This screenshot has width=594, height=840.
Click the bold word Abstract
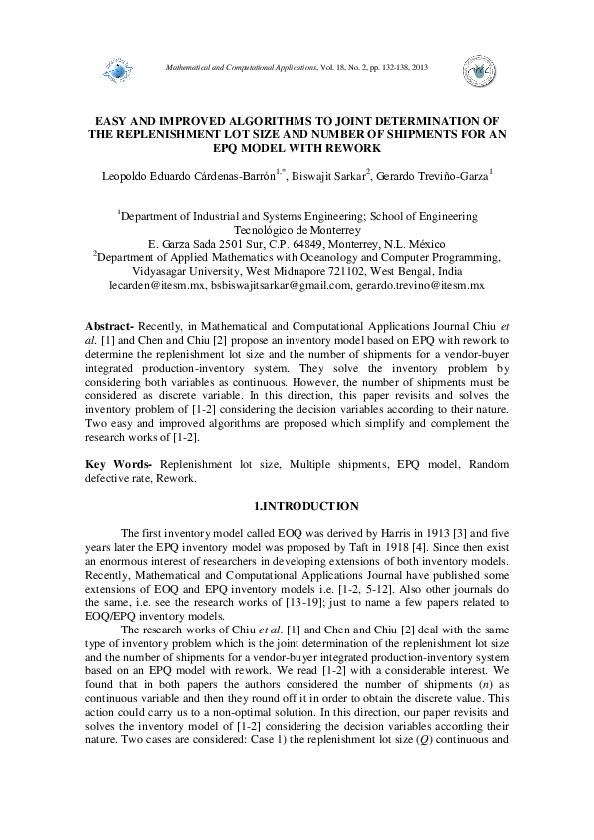point(108,327)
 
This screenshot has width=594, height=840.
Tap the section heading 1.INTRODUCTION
point(297,507)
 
